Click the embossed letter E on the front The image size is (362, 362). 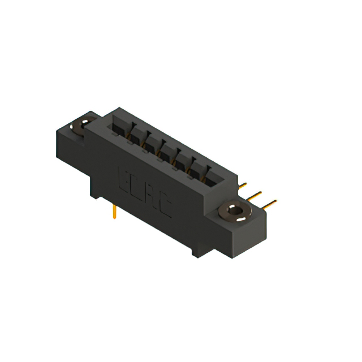point(125,177)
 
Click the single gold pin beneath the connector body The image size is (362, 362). point(115,213)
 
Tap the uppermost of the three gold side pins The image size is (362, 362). point(243,185)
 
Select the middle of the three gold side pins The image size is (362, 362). point(256,195)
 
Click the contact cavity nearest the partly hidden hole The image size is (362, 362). point(121,128)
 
